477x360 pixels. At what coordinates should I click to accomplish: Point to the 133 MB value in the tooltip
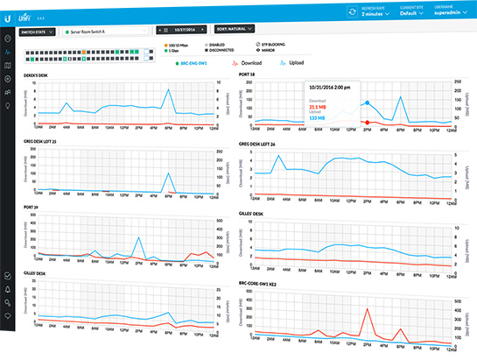318,117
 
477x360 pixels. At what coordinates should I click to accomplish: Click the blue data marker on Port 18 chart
368,102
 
